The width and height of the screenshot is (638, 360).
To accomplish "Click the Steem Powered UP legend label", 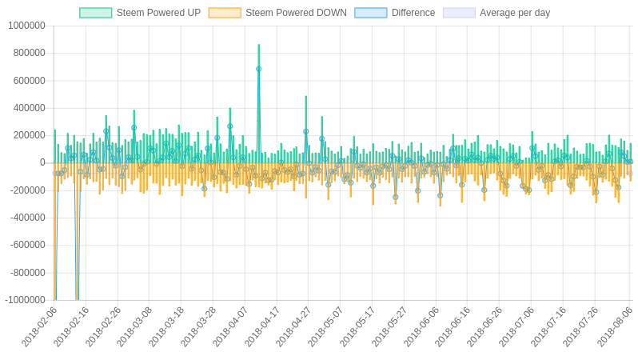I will point(158,13).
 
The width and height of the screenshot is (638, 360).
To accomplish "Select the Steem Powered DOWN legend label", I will point(296,13).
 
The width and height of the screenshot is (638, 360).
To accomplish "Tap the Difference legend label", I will point(413,13).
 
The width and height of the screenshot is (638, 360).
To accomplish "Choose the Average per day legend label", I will point(514,13).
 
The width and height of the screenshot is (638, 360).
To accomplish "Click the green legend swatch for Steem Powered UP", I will point(96,13).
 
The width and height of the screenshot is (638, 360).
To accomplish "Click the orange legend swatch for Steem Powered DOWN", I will point(225,13).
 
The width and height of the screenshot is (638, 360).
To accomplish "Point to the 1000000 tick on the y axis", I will point(26,26).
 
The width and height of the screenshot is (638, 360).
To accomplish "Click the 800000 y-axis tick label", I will point(29,53).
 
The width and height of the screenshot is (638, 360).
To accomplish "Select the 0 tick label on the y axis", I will point(42,162).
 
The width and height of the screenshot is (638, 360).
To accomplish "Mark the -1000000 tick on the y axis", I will point(25,300).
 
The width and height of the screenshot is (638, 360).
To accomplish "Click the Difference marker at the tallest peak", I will point(258,69).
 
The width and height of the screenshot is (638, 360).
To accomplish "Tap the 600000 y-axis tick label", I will point(29,80).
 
